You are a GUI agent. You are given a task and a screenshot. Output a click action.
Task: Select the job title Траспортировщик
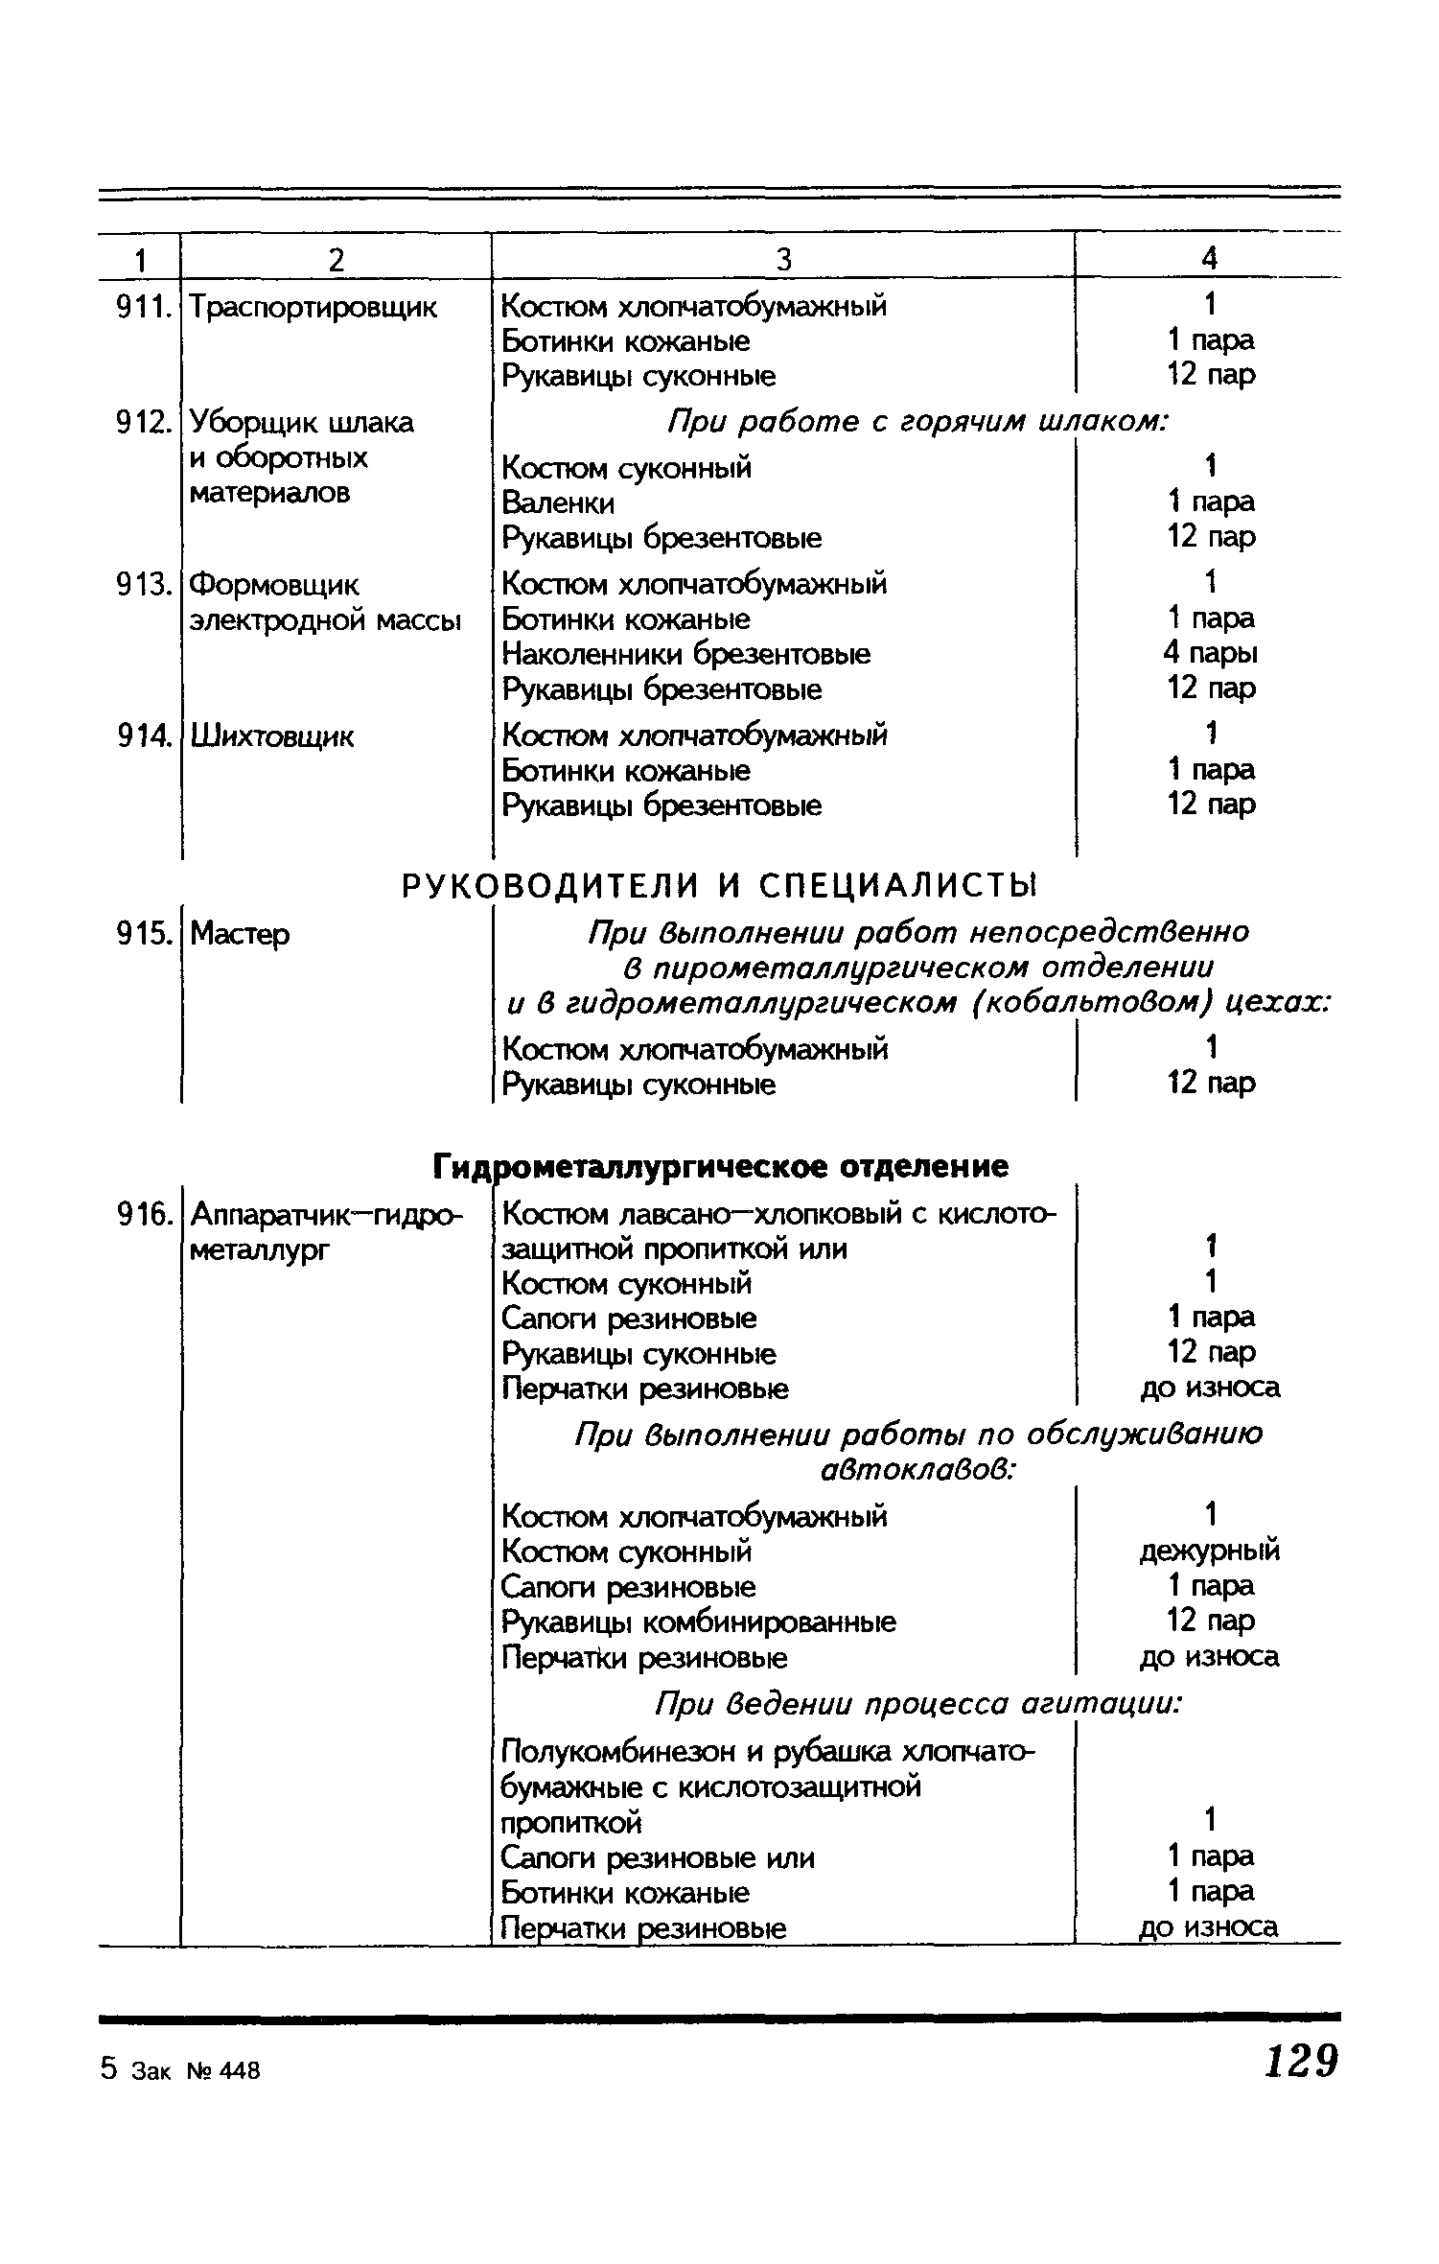313,308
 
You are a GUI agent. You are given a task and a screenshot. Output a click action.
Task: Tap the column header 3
783,259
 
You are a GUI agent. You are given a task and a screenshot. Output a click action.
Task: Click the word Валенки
559,503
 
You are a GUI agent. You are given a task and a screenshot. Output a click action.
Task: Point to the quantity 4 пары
1210,653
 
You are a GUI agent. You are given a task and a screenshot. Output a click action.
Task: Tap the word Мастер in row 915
240,934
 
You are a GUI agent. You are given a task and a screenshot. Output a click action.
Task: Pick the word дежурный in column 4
1210,1551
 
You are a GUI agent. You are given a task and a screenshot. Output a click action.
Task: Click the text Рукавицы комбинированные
699,1622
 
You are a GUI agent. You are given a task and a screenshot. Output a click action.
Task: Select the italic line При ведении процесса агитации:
918,1704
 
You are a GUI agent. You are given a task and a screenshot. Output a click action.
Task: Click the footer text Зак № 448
197,2071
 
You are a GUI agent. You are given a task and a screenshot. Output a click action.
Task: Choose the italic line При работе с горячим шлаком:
918,422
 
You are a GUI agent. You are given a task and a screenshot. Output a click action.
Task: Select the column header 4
1210,259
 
